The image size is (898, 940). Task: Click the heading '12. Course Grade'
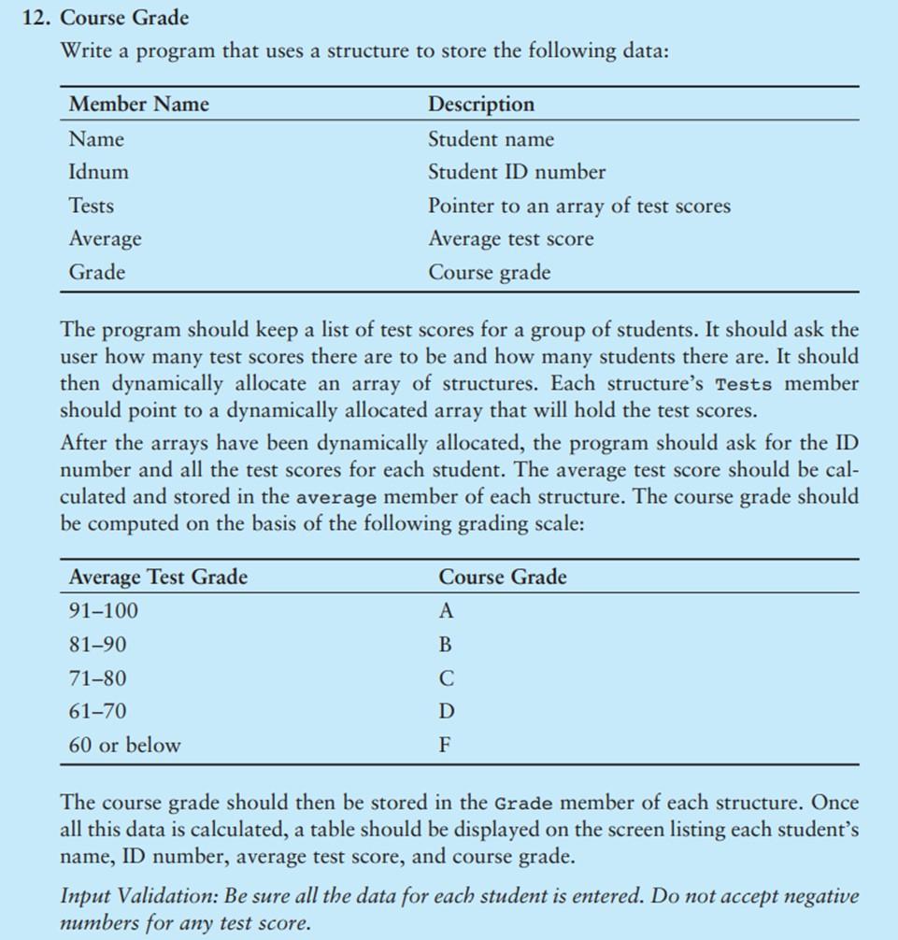107,18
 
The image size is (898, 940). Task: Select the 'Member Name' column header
138,104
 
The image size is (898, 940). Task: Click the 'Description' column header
481,104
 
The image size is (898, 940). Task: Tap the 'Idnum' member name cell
98,172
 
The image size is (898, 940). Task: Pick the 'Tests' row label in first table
92,206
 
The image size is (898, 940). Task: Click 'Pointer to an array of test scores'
578,206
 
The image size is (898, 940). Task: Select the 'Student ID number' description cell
516,172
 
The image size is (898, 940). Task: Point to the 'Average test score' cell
510,239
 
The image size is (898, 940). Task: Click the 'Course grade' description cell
489,273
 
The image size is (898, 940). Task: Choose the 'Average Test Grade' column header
158,577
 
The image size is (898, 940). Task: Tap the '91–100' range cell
103,611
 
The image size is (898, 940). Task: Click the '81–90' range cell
97,645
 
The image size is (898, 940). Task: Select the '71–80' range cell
97,678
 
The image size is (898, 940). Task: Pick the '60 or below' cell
124,746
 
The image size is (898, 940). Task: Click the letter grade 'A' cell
446,612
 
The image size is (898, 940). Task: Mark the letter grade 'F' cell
445,746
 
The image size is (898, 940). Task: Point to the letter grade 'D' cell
446,712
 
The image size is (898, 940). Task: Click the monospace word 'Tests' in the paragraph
744,385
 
